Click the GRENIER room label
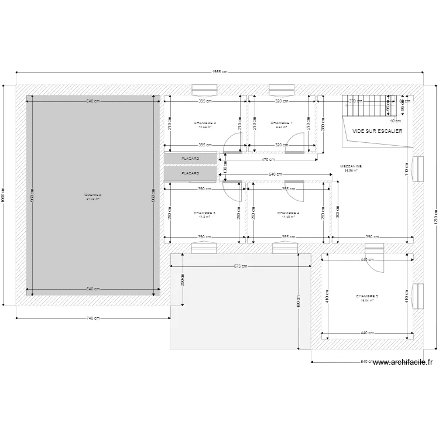[x=92, y=195]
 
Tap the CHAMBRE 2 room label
[x=205, y=123]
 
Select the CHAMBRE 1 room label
[x=282, y=123]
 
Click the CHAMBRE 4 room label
[x=288, y=213]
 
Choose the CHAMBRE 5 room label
[x=367, y=297]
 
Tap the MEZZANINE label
[x=351, y=166]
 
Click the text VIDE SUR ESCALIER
[x=377, y=131]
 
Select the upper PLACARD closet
[x=190, y=159]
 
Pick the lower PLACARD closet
[x=190, y=174]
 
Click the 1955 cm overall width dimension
[x=220, y=72]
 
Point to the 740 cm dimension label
[x=92, y=318]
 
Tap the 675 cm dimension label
[x=240, y=266]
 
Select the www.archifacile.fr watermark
[x=402, y=362]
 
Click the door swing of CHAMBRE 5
[x=375, y=263]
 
